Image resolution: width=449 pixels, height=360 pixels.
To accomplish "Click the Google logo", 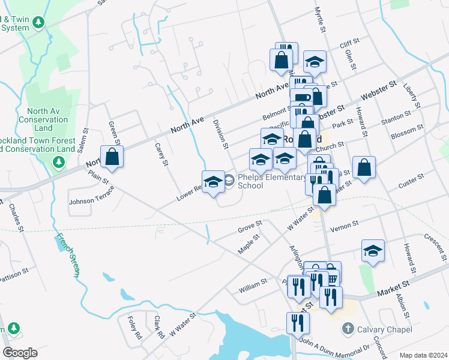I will [20, 353].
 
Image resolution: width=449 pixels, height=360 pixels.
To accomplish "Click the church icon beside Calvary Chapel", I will [347, 329].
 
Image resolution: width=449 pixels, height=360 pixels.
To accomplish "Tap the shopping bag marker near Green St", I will [112, 157].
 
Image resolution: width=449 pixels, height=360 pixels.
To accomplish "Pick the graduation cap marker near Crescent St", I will [373, 251].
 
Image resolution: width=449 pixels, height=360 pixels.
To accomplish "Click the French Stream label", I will [68, 256].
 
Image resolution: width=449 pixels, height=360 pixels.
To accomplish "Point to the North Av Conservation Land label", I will [47, 119].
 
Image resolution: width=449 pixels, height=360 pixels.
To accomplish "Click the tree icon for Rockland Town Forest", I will [59, 162].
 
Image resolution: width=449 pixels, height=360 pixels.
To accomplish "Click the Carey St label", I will [160, 155].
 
